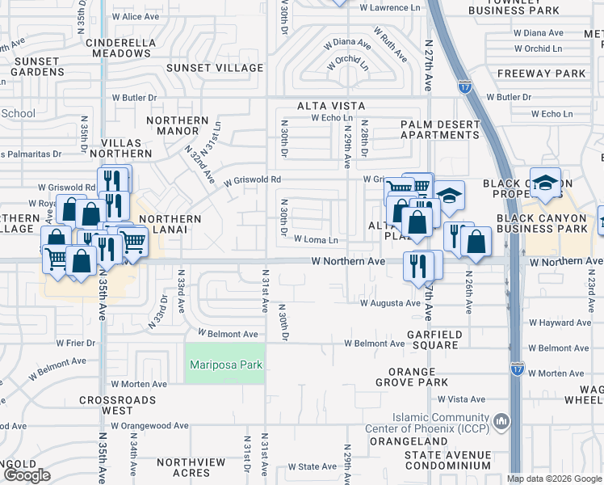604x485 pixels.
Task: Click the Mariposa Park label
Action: pyautogui.click(x=226, y=365)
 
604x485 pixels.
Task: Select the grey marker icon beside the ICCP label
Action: pyautogui.click(x=502, y=421)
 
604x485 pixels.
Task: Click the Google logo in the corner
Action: pyautogui.click(x=27, y=475)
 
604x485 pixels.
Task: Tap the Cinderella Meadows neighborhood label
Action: pyautogui.click(x=107, y=47)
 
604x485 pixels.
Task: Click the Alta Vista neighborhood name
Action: pyautogui.click(x=331, y=106)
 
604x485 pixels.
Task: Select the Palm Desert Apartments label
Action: pyautogui.click(x=440, y=130)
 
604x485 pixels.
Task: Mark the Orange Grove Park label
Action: pyautogui.click(x=412, y=377)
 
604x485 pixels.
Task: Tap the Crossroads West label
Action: pyautogui.click(x=117, y=406)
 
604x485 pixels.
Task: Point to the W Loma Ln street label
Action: pyautogui.click(x=316, y=240)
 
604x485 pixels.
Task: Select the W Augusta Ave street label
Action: pyautogui.click(x=391, y=304)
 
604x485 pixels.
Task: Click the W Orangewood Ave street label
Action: pyautogui.click(x=150, y=426)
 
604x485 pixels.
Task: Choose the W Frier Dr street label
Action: pyautogui.click(x=70, y=344)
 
